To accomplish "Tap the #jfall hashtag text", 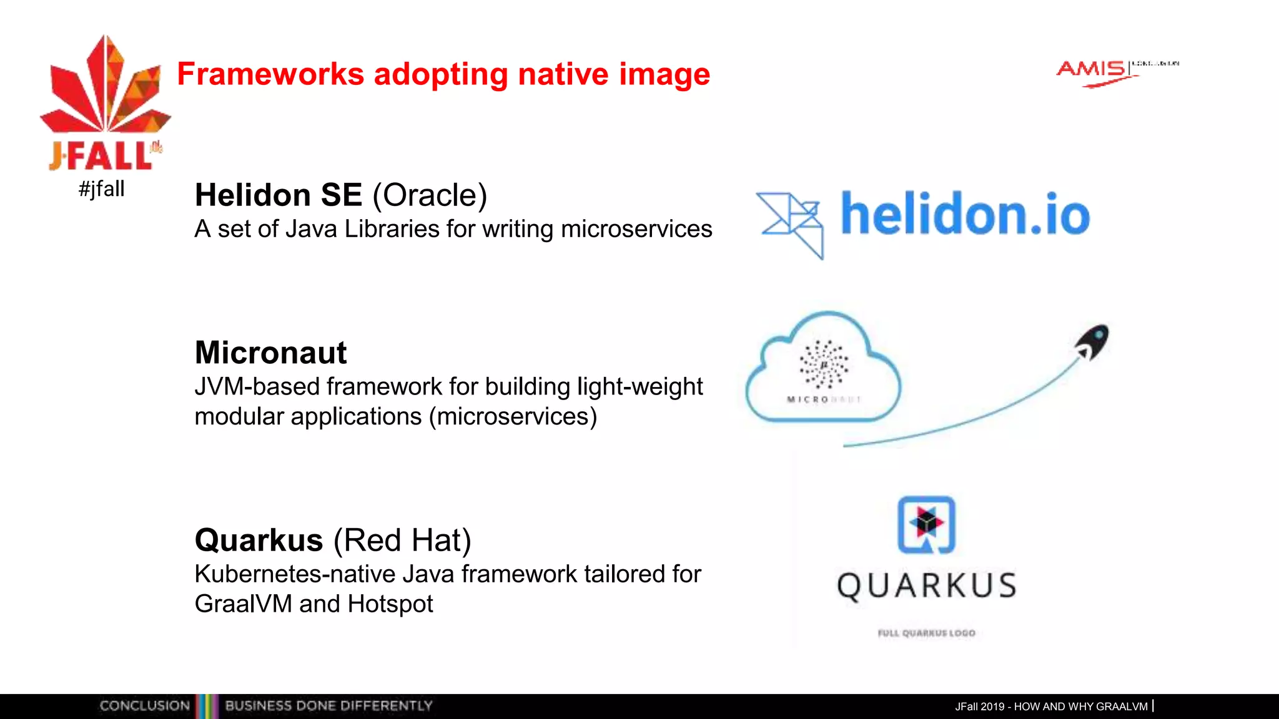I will point(102,188).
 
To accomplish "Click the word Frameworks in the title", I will point(270,74).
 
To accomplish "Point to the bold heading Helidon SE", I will point(278,195).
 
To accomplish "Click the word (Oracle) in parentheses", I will point(430,195).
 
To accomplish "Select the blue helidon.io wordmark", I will point(965,214).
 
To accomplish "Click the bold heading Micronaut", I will point(270,353).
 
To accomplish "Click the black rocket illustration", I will point(1093,341).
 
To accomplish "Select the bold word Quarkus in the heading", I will point(259,540).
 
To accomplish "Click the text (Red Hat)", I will point(402,540).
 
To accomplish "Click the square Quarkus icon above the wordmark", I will point(926,524).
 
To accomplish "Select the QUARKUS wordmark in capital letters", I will point(927,586).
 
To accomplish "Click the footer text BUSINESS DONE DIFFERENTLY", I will point(328,706).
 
